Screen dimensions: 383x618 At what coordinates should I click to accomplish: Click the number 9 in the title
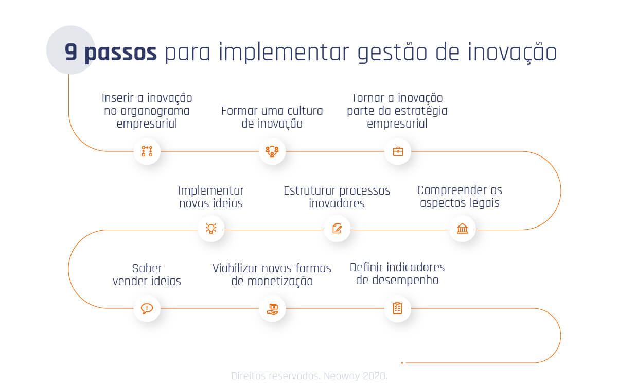(x=72, y=53)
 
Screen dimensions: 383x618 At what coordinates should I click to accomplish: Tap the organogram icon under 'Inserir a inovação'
(x=147, y=151)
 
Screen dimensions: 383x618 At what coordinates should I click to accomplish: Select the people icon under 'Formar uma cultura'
(x=272, y=151)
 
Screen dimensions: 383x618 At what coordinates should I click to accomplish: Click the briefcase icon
(x=398, y=151)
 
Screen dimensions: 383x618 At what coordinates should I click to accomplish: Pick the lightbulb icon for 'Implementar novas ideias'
(x=211, y=229)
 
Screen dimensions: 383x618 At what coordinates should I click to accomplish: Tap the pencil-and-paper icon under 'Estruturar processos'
(x=337, y=229)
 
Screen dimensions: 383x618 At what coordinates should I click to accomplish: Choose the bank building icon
(x=462, y=229)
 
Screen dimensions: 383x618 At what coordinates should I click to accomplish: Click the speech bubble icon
(x=147, y=308)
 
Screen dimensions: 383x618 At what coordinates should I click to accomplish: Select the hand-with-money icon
(x=272, y=308)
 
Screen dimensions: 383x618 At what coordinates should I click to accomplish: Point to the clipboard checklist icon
(x=398, y=308)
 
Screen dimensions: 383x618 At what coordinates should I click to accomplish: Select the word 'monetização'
(x=279, y=282)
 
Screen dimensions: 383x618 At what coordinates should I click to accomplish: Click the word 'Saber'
(x=147, y=268)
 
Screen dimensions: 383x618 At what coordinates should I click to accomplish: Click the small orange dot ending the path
(x=402, y=363)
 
